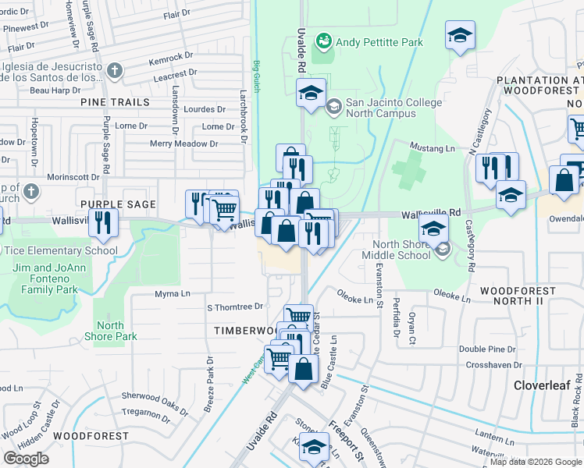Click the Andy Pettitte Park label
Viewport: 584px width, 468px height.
[379, 42]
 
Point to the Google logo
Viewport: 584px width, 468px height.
[26, 459]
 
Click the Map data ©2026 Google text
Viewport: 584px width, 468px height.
[536, 462]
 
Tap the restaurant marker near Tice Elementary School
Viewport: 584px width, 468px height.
[102, 223]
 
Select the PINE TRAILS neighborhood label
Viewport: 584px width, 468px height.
[114, 102]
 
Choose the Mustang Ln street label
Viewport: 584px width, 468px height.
[433, 148]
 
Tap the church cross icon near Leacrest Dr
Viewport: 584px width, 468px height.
[115, 73]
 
